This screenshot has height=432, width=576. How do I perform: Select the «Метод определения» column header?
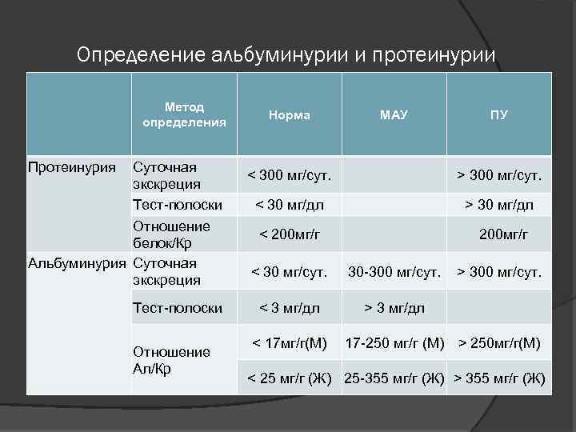[184, 114]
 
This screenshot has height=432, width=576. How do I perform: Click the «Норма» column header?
[290, 115]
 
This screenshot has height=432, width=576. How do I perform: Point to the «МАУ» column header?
[394, 115]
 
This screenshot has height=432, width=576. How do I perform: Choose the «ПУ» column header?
[498, 115]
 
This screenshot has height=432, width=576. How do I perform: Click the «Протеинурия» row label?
[72, 167]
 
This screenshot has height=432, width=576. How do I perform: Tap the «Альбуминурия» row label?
[78, 262]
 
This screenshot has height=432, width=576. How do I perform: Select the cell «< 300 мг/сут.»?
[290, 175]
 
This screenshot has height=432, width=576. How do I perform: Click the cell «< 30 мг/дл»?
[290, 206]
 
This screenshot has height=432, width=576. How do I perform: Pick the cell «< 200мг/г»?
[290, 234]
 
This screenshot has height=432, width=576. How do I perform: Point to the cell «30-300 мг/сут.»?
[394, 272]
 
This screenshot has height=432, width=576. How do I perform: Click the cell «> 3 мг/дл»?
[394, 307]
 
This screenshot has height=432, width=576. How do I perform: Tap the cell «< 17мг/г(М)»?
[290, 344]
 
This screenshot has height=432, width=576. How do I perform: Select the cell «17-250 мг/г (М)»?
[394, 344]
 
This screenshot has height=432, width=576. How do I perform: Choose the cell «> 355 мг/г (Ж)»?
[499, 378]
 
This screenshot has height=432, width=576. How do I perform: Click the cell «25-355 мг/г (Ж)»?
[394, 378]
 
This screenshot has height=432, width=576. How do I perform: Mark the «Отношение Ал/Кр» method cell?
[171, 360]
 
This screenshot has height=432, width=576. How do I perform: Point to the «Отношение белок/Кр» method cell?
[171, 234]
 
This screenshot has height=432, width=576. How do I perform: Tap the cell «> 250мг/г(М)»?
[499, 344]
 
